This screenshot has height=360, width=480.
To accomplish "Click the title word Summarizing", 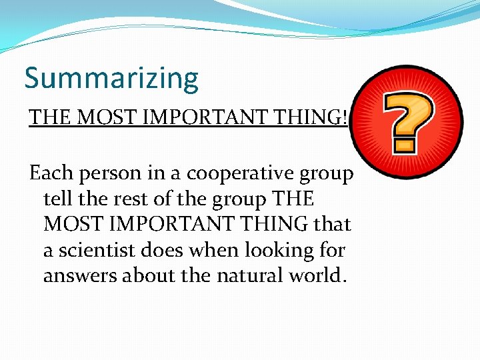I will tap(111, 79).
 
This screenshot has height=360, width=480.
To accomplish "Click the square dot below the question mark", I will tap(404, 144).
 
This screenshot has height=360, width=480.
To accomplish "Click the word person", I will tap(99, 175).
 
